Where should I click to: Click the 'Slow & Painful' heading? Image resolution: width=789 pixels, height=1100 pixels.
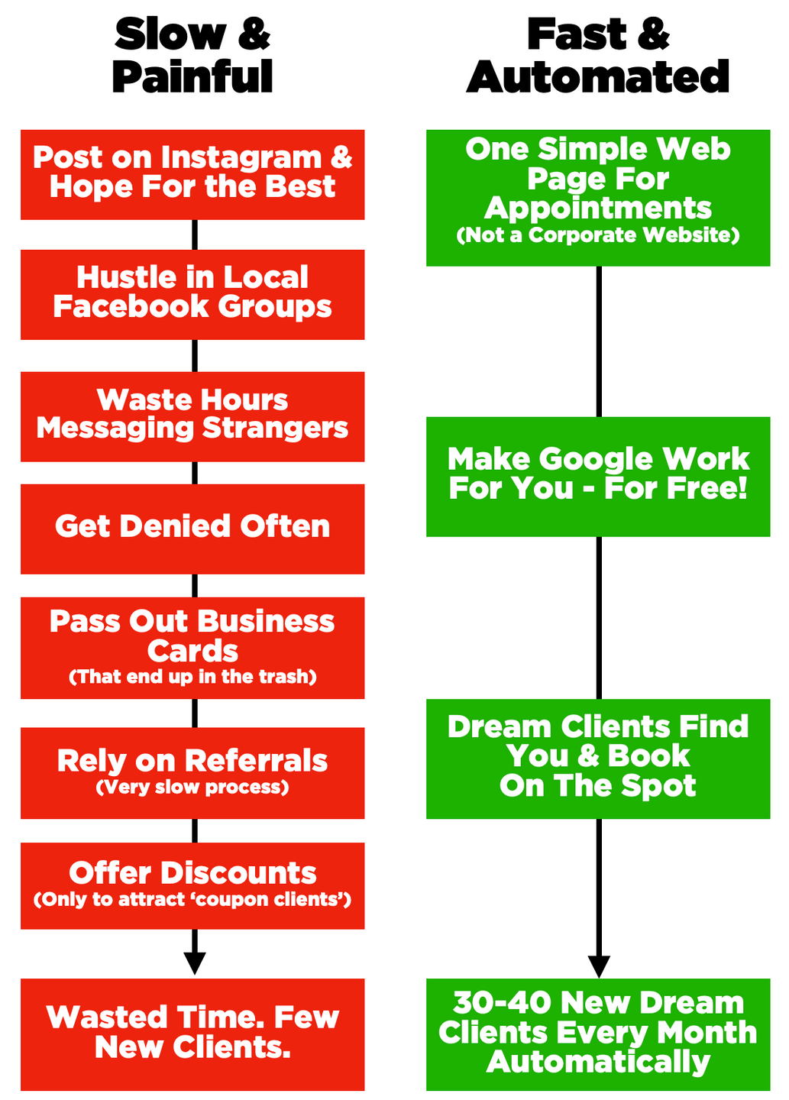point(192,56)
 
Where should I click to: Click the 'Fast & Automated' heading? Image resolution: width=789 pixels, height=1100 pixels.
point(598,56)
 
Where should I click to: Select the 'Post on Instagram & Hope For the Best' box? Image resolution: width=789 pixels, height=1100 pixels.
point(192,174)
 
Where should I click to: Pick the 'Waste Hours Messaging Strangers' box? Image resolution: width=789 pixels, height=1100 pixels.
point(192,416)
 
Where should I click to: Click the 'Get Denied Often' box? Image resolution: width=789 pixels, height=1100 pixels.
point(192,527)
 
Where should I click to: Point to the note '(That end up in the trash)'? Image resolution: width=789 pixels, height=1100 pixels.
point(192,677)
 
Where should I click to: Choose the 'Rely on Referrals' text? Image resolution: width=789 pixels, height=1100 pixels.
point(192,761)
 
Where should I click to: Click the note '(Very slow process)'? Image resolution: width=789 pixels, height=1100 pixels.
point(192,788)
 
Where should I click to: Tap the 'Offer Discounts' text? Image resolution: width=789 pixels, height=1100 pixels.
point(192,873)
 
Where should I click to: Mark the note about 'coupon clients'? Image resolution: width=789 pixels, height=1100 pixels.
point(192,900)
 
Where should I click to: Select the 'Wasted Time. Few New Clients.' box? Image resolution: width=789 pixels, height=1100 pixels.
point(192,1033)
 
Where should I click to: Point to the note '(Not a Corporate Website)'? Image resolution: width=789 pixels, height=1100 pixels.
point(598,235)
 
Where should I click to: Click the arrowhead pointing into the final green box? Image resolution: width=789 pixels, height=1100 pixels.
point(599,966)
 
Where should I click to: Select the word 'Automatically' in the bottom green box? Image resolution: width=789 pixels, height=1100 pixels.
point(598,1063)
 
